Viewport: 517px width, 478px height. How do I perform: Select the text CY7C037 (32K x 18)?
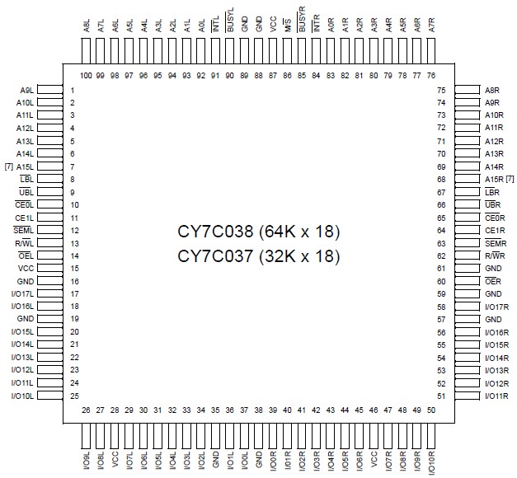pos(258,255)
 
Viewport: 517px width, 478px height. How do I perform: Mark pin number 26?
pos(86,410)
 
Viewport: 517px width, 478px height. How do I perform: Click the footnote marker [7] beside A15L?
pos(8,166)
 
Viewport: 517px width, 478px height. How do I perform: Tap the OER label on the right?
pos(493,282)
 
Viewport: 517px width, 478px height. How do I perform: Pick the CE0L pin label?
pos(24,204)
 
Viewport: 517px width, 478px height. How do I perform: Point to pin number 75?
pos(441,90)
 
